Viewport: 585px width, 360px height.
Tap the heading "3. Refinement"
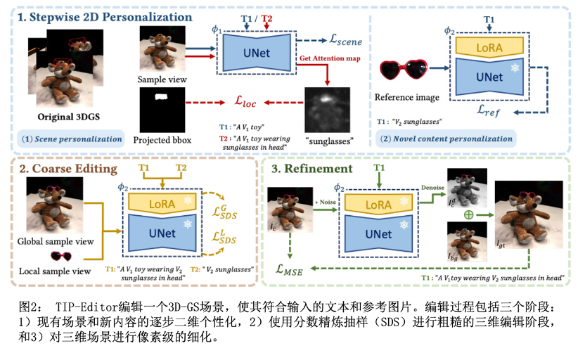(311, 169)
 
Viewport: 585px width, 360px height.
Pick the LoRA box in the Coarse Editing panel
(163, 203)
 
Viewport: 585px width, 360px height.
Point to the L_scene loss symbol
(340, 42)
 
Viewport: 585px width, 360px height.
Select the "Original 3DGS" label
(63, 115)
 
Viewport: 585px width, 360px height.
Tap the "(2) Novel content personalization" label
(446, 139)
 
